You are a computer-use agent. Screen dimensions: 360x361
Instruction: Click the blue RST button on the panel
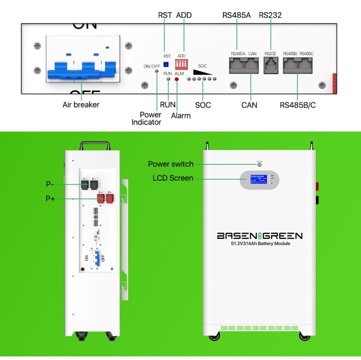[166, 64]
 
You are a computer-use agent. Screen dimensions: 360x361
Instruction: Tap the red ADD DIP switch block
[181, 62]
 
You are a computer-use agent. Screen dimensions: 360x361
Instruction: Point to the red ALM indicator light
[176, 79]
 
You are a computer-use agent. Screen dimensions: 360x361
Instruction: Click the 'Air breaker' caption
[81, 105]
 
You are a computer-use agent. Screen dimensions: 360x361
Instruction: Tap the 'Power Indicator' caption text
[146, 118]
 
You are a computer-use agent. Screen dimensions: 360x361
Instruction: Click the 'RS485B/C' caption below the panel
[298, 105]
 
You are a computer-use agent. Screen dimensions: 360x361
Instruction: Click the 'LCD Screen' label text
[173, 178]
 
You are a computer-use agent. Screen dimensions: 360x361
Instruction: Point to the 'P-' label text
[50, 184]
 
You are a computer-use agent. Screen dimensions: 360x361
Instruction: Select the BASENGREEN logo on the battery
[259, 236]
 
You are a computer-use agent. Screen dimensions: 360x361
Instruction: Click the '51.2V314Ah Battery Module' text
[259, 244]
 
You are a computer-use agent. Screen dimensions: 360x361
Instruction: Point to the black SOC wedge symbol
[203, 72]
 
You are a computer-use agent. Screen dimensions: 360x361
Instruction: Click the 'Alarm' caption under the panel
[180, 116]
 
